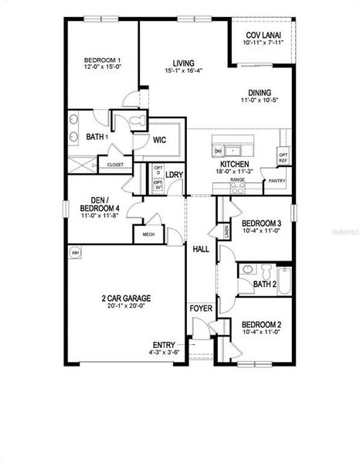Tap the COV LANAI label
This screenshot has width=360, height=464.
point(263,36)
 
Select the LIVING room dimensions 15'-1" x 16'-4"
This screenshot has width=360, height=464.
point(183,71)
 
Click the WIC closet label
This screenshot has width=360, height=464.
point(160,140)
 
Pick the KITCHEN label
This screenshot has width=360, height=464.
point(234,165)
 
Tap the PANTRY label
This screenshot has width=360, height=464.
point(276,181)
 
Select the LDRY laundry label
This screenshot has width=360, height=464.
point(174,175)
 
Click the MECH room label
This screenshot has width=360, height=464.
point(148,234)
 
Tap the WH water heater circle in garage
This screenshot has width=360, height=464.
point(76,253)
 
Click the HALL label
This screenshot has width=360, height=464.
point(201,249)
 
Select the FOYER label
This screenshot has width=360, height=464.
point(201,308)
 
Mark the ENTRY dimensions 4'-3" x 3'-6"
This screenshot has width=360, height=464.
point(164,353)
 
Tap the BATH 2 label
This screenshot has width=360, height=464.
point(264,285)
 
